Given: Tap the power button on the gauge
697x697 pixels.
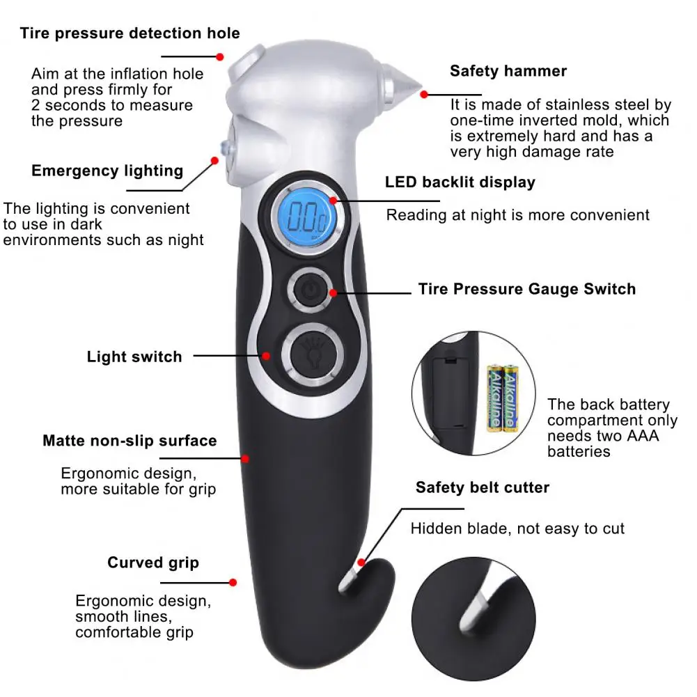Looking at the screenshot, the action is pos(309,289).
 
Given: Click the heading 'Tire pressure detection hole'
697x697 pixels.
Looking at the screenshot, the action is pos(130,33).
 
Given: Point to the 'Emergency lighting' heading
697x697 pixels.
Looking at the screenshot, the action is pos(107,171).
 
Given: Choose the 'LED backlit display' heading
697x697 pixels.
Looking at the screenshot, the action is pos(460,182).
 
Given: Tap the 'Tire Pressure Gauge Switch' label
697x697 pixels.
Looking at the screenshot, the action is pos(526,289).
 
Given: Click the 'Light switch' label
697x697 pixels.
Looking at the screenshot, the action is pos(134,357).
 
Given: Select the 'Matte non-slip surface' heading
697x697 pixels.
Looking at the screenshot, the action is pos(130,441).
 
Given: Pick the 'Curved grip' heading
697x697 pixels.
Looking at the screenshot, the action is pos(153,563).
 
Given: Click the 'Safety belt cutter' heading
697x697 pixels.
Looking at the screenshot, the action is pos(483,487).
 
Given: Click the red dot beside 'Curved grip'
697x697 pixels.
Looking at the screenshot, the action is pos(233,582).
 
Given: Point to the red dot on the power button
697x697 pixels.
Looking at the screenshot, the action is pos(334,292).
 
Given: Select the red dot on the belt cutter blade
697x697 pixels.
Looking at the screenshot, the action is pos(361,562).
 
